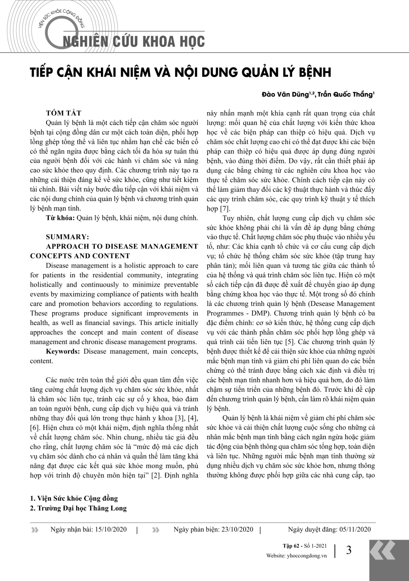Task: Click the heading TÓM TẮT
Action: coord(63,113)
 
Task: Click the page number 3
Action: coord(349,550)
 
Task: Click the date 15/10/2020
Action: coord(111,530)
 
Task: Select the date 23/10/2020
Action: coord(238,530)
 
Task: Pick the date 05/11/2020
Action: coord(355,530)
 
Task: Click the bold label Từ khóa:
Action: coord(60,218)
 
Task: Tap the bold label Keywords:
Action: coord(63,351)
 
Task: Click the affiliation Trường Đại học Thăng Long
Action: coord(82,508)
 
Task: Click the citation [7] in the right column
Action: coord(225,209)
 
